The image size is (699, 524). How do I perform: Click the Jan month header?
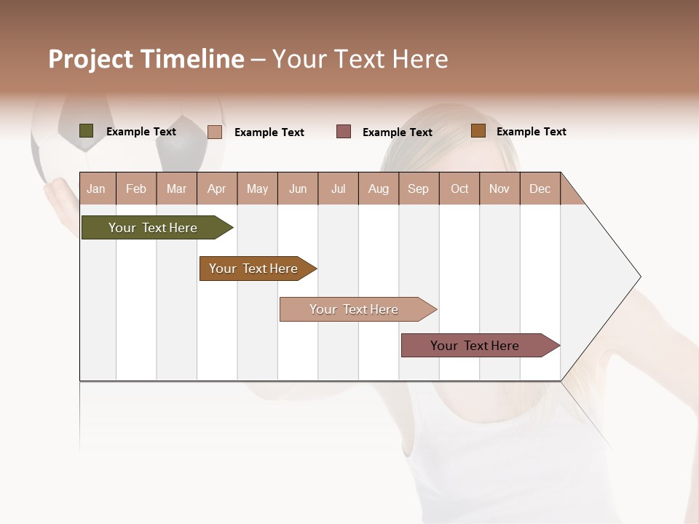tap(96, 188)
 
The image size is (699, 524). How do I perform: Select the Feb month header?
tap(136, 188)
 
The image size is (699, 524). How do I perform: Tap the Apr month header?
tap(216, 188)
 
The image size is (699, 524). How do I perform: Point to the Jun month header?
tap(298, 188)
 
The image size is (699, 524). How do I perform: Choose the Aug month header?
tap(378, 188)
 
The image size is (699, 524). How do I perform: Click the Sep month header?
tap(418, 188)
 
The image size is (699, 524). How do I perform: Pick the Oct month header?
tap(459, 188)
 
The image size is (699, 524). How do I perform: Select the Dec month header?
tap(540, 188)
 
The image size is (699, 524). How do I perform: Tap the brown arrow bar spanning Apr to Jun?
tap(256, 269)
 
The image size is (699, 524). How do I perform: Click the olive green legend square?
tap(87, 131)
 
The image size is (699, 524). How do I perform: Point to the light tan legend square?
tap(214, 132)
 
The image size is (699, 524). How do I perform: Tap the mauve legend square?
tap(344, 132)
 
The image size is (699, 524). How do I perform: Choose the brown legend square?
tap(478, 131)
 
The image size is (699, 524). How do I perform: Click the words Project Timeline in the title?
tap(146, 59)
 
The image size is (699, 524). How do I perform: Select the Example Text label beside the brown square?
tap(531, 132)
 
